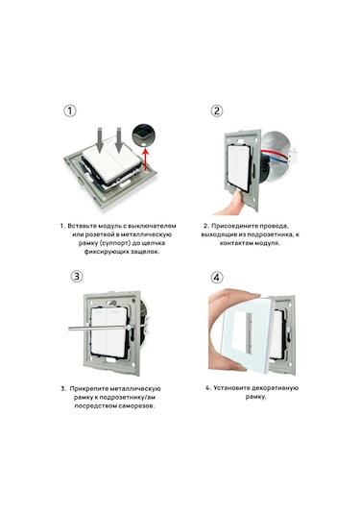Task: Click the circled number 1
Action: tap(70, 110)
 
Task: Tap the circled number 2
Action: tap(217, 110)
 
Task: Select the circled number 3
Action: tap(77, 276)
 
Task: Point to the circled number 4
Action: tap(217, 278)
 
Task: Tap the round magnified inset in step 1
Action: tap(144, 135)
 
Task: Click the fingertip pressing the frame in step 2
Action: tap(233, 199)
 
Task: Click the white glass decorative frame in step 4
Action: tap(247, 333)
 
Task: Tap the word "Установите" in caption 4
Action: tap(232, 388)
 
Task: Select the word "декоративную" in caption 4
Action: tap(276, 388)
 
